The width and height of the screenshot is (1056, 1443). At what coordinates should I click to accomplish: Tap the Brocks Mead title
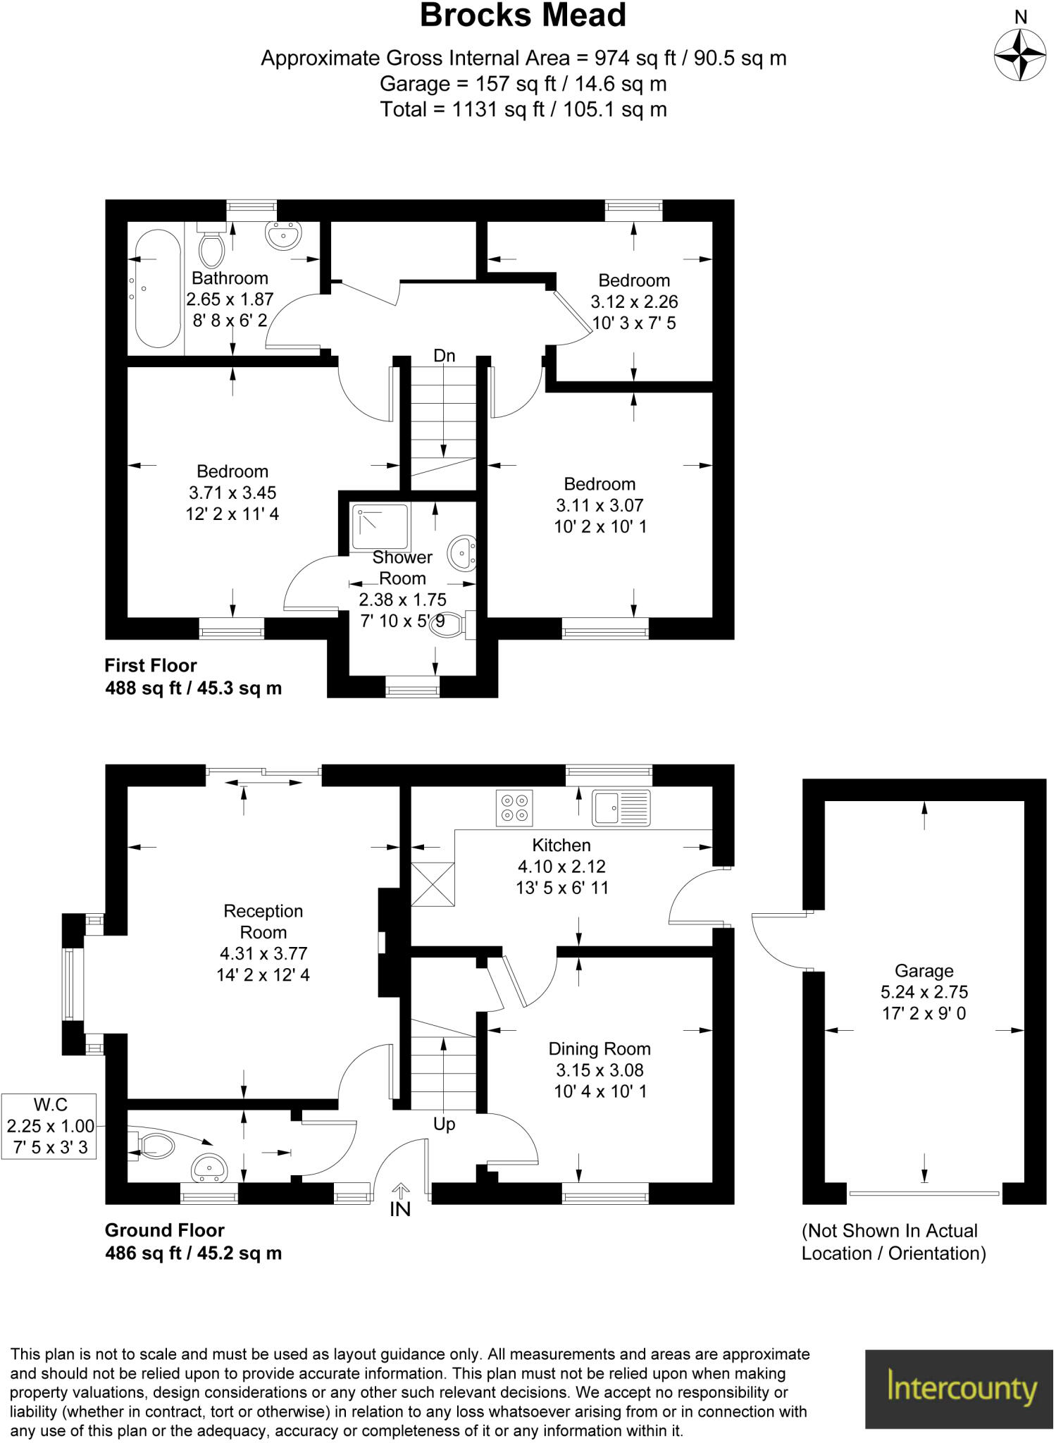pos(523,16)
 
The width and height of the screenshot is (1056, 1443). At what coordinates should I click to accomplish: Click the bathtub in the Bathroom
pos(156,291)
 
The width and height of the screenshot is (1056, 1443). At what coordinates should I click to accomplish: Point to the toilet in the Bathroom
pos(211,244)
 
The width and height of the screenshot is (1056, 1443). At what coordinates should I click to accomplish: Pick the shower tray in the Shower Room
pos(381,527)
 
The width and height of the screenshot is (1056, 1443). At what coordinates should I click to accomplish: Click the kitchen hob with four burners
pos(514,807)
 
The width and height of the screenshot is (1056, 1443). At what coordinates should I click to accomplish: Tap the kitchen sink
pos(621,807)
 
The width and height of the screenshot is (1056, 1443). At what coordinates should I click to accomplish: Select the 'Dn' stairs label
pos(444,356)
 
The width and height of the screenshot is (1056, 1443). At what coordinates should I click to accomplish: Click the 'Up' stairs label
pos(444,1124)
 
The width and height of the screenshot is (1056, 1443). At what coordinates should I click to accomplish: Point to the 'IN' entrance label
pos(399,1210)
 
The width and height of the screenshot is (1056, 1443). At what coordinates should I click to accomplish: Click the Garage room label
pos(924,971)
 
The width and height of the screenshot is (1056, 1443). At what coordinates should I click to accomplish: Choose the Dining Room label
pos(600,1049)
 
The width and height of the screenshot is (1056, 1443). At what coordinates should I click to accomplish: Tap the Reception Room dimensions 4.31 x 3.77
pos(263,953)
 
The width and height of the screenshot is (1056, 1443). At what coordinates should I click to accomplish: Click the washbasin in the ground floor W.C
pos(209,1168)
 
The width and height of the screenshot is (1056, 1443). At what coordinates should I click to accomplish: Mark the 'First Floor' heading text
pos(151,665)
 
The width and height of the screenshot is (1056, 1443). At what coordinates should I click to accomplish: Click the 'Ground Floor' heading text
pos(164,1230)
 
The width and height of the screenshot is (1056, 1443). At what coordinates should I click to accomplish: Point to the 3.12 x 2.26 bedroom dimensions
pos(634,302)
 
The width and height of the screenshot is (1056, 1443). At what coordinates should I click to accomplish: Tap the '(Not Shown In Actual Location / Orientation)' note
pos(893,1242)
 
